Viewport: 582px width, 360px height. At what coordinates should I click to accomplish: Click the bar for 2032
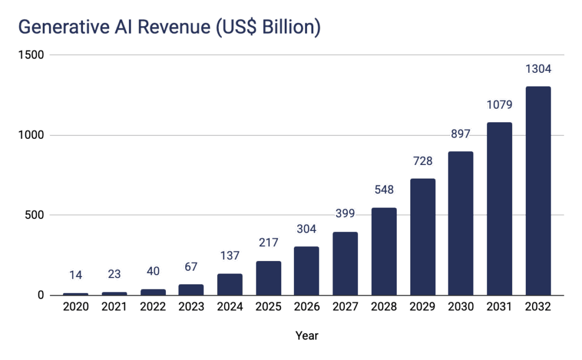[x=538, y=191]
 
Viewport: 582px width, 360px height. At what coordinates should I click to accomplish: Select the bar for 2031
[x=499, y=209]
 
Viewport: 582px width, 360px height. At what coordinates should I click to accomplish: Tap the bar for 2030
[x=461, y=223]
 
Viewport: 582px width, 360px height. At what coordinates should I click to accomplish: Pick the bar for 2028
[x=384, y=251]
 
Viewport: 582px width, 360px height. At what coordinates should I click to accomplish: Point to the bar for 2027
[x=345, y=263]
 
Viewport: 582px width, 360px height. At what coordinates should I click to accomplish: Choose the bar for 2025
[x=268, y=278]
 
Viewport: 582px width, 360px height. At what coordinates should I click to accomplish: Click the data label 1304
[x=538, y=69]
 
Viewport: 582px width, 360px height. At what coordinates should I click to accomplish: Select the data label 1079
[x=499, y=105]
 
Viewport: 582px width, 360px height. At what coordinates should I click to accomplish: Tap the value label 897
[x=461, y=134]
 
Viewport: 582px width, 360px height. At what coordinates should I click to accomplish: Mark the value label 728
[x=422, y=162]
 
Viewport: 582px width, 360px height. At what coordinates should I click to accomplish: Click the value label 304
[x=307, y=229]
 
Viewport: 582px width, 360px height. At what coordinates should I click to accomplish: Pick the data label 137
[x=230, y=256]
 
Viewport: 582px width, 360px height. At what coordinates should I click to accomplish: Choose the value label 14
[x=76, y=276]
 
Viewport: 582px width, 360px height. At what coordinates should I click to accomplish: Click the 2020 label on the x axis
[x=76, y=307]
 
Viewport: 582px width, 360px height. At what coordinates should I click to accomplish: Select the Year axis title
[x=307, y=336]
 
